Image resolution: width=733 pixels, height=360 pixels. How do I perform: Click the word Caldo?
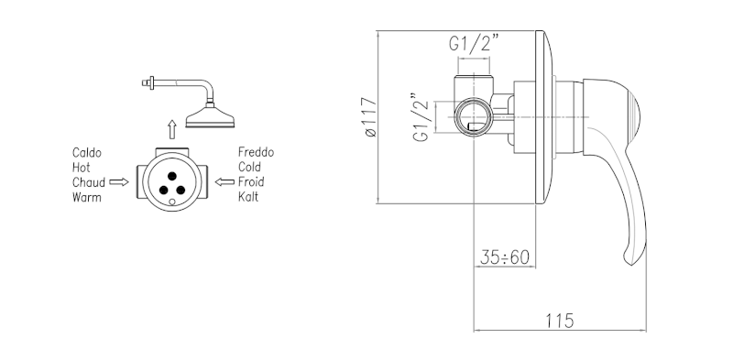(x=87, y=152)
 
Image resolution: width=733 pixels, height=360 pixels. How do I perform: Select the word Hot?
(x=82, y=168)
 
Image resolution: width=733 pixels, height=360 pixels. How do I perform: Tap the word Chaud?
(x=89, y=182)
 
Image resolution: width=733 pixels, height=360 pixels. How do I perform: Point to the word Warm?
(x=87, y=197)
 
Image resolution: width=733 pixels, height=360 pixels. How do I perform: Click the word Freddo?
(x=257, y=152)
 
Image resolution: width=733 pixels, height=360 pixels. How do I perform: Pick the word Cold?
(x=249, y=167)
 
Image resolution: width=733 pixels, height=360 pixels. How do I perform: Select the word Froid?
(x=251, y=182)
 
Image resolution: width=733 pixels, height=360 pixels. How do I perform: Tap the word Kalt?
(x=248, y=196)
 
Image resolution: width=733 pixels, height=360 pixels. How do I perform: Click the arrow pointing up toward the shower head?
(x=172, y=129)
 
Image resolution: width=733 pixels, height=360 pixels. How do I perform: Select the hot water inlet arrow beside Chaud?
(x=119, y=182)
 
